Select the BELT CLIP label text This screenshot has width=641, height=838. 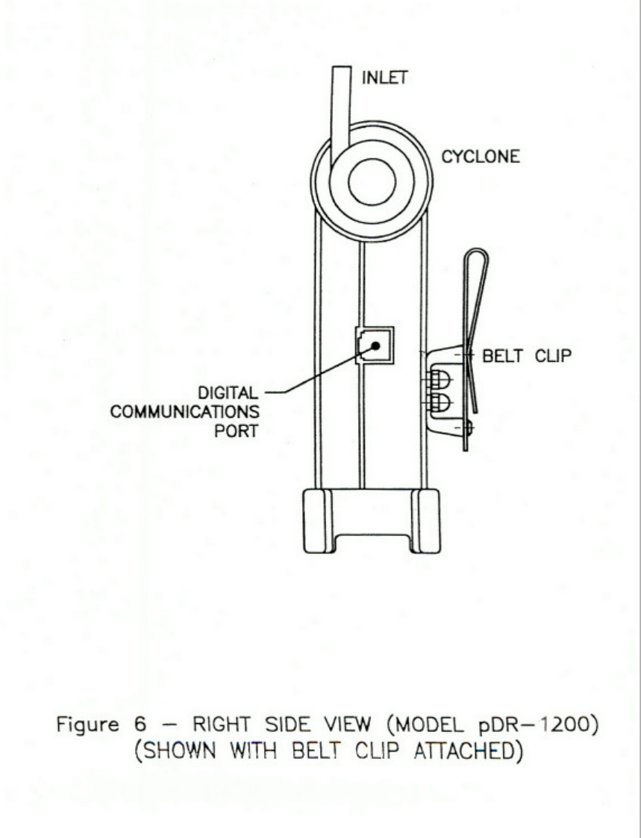click(527, 356)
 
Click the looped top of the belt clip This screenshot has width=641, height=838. click(472, 261)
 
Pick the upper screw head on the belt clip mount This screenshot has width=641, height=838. click(440, 381)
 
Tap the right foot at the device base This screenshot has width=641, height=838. click(427, 520)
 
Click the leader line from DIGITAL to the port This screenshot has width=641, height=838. click(313, 373)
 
